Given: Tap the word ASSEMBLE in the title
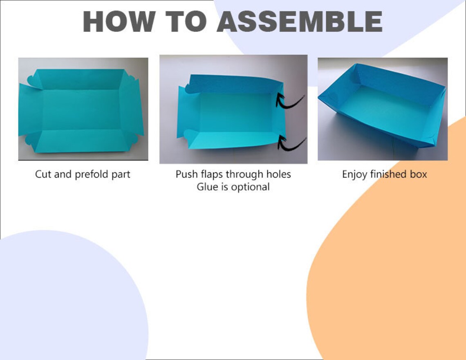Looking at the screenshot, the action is click(x=300, y=21).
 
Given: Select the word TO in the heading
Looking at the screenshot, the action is click(x=186, y=21).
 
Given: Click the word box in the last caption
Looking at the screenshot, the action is click(x=419, y=174).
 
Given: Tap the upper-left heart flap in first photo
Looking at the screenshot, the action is click(x=33, y=81).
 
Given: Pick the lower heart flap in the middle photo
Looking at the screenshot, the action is click(x=188, y=134).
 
